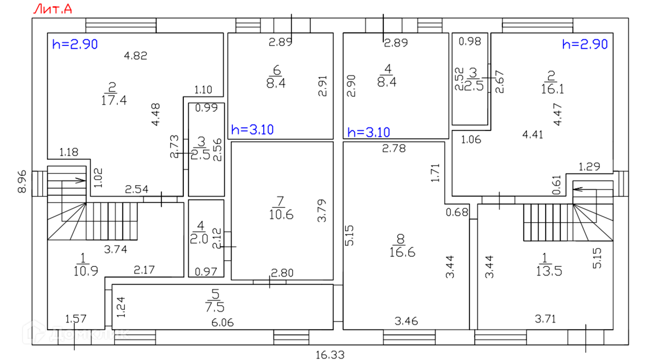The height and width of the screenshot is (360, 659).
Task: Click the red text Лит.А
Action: coord(52,9)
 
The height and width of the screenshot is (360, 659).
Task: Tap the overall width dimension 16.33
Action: coord(330,354)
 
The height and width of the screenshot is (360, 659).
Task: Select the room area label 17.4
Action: coord(114,100)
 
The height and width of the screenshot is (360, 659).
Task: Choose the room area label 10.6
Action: coord(281,215)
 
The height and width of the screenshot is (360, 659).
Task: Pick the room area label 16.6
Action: coord(402,252)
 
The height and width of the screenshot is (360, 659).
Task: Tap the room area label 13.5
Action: coord(544,270)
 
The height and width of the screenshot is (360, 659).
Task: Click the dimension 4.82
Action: coord(136,56)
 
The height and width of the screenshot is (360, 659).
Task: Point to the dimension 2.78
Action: coord(394,150)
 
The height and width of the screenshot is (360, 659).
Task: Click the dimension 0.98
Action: coord(470,41)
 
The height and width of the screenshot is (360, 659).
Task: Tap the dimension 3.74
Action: coord(115,250)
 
